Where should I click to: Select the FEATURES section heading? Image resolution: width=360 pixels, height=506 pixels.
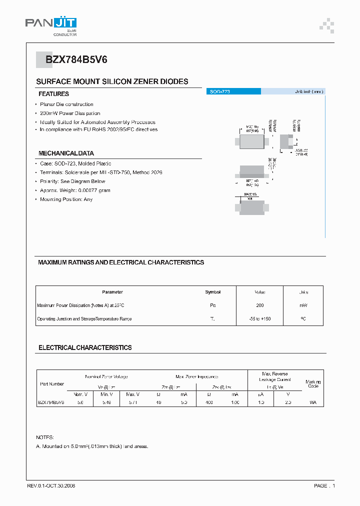(x=53, y=94)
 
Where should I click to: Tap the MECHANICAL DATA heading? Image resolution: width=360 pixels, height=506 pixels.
(x=66, y=153)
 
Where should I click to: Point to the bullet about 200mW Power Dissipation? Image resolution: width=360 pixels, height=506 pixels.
(x=70, y=113)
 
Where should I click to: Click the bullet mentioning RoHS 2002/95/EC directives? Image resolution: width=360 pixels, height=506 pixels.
(x=98, y=129)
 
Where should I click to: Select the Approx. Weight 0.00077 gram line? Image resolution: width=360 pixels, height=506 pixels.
(x=75, y=190)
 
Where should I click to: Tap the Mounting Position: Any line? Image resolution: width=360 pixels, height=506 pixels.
(x=66, y=199)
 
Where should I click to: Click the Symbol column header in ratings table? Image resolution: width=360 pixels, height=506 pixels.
(x=212, y=292)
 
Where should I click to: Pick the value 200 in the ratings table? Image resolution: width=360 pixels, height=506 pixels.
(x=260, y=305)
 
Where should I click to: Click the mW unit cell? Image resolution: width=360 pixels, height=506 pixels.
(x=303, y=305)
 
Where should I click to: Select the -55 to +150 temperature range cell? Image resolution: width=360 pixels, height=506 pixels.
(x=260, y=318)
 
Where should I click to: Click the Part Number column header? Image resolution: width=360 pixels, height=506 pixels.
(x=52, y=384)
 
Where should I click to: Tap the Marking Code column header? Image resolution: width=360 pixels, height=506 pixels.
(x=313, y=384)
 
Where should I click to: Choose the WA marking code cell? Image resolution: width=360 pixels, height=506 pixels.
(x=313, y=402)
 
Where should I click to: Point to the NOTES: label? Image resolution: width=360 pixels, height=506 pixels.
(x=45, y=437)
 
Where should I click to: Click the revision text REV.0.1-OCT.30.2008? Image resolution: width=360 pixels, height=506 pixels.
(x=51, y=485)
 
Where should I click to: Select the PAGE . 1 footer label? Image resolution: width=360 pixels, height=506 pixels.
(x=324, y=485)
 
